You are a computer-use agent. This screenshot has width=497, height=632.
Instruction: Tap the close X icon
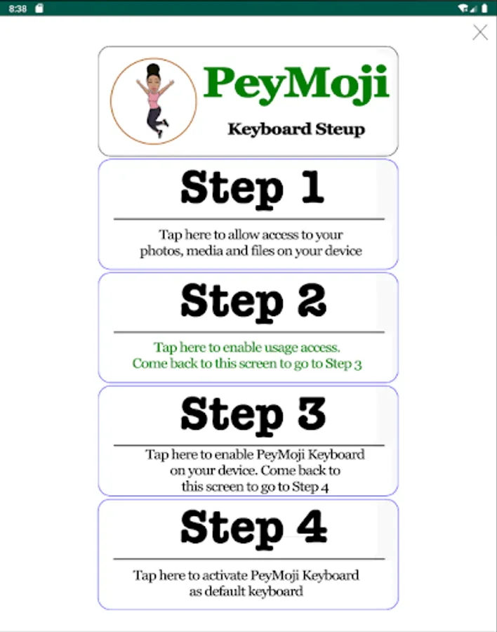[480, 32]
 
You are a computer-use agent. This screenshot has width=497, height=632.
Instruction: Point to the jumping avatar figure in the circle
[154, 100]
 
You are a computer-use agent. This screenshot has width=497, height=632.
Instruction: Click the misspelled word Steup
[340, 129]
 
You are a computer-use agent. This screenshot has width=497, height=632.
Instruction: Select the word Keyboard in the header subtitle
[270, 129]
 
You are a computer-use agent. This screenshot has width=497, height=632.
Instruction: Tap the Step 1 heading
[252, 189]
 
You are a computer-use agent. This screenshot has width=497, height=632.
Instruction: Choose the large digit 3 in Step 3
[312, 413]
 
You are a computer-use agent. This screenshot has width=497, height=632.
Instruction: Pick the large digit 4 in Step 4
[312, 526]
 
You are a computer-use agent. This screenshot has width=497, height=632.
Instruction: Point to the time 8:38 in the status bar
[18, 8]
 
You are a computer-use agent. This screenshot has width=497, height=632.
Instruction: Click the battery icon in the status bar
[484, 8]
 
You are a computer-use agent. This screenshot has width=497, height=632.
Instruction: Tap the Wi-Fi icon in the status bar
[463, 8]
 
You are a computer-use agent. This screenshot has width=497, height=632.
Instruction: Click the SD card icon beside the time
[39, 8]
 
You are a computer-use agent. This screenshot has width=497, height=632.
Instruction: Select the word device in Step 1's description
[343, 251]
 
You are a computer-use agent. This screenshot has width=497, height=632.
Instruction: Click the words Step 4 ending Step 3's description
[310, 487]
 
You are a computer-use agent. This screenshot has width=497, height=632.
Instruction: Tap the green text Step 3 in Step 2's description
[343, 364]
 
